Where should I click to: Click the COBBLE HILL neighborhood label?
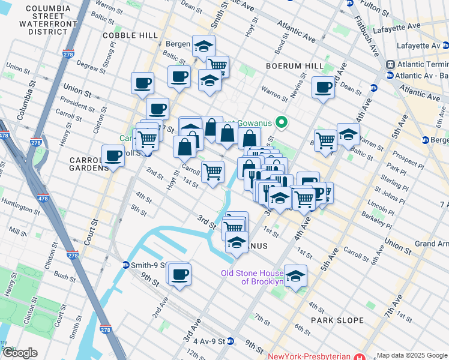(130, 35)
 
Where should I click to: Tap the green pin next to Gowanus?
(279, 123)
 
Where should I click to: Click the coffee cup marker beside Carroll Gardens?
(113, 156)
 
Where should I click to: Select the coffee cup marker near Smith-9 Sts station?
(179, 274)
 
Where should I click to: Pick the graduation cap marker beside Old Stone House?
(295, 276)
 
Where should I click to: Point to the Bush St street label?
(64, 277)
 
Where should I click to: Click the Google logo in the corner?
(20, 353)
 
